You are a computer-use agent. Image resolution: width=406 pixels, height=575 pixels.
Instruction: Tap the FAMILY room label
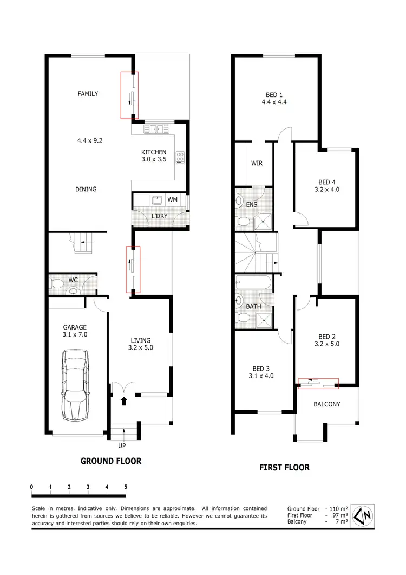[88, 94]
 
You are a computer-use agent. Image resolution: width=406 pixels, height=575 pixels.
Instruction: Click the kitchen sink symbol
[158, 129]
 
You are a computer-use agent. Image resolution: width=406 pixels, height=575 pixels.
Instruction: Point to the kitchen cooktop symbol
[180, 157]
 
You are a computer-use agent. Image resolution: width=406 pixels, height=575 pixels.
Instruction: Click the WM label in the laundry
[172, 200]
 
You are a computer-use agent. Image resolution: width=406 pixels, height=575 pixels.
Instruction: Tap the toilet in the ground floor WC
[72, 291]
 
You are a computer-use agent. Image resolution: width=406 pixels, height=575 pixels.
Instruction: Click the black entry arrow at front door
[123, 402]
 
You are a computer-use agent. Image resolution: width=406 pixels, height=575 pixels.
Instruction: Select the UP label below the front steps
[122, 446]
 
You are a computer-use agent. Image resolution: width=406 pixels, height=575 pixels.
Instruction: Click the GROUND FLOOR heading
[111, 461]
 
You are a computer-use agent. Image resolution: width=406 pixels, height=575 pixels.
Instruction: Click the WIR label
[257, 163]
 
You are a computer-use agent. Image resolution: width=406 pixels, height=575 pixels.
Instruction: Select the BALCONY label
[327, 404]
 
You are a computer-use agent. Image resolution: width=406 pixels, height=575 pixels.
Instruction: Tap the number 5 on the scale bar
[126, 487]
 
